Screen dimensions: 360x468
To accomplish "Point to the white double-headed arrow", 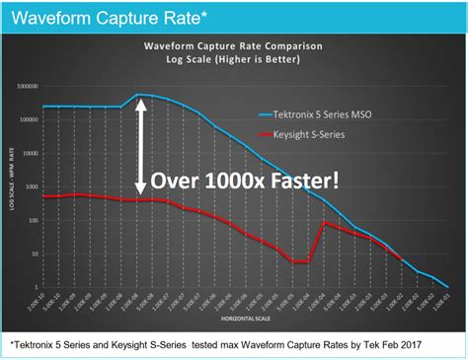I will click(x=141, y=148).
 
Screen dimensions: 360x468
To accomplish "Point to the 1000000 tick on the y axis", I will click(x=24, y=87).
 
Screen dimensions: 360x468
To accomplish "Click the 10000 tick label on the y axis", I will click(x=28, y=154).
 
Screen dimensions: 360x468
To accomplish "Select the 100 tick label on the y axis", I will click(x=32, y=220).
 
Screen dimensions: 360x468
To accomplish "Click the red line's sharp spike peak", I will click(x=324, y=222).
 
